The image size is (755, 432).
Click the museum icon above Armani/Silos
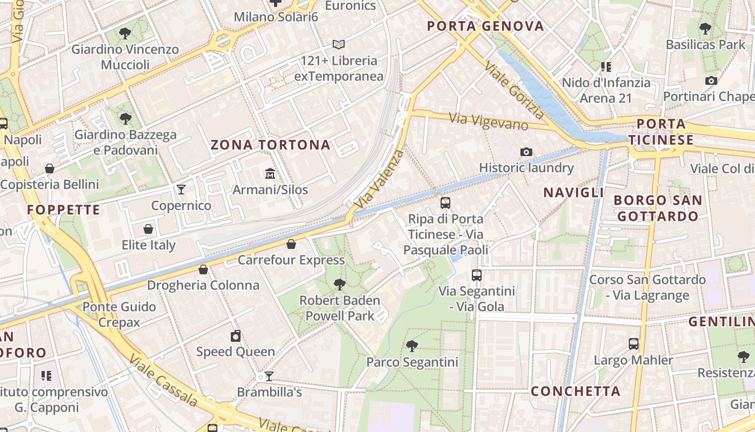[x=270, y=173]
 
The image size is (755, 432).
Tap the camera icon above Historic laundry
[x=526, y=152]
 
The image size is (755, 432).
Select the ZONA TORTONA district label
[x=270, y=145]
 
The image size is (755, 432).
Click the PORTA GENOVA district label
[x=485, y=26]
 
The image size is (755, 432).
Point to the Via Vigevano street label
[x=489, y=121]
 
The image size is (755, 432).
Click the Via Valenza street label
[x=380, y=179]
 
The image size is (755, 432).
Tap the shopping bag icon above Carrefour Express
[x=291, y=244]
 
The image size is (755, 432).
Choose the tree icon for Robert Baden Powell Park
[x=340, y=284]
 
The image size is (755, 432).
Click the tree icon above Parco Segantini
[x=412, y=346]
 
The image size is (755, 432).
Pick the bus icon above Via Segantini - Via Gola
[x=477, y=275]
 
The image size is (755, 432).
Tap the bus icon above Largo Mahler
[x=634, y=343]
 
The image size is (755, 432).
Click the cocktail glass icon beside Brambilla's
[x=269, y=376]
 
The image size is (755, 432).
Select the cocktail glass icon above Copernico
[x=181, y=190]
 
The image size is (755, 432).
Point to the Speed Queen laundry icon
[x=236, y=336]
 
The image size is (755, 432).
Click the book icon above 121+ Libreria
[x=339, y=44]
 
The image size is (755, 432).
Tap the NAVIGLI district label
[x=573, y=192]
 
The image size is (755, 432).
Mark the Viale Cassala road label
[x=163, y=380]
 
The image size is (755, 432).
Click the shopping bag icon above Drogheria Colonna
[x=203, y=269]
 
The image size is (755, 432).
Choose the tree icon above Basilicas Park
[x=705, y=28]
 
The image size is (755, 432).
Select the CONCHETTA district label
[x=575, y=391]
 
